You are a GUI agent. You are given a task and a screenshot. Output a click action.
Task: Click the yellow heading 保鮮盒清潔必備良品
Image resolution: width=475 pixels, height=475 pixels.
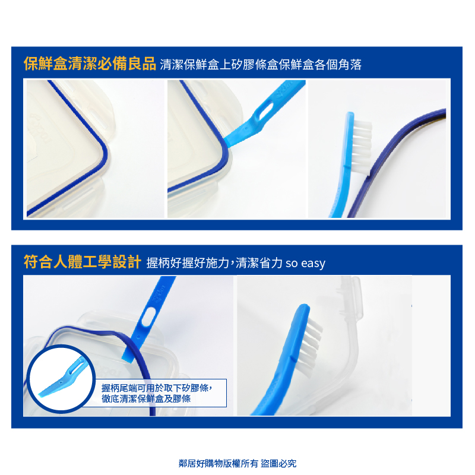[x=90, y=64]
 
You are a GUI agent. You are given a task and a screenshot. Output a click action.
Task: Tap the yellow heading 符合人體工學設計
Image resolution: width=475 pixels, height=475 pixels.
[x=83, y=262]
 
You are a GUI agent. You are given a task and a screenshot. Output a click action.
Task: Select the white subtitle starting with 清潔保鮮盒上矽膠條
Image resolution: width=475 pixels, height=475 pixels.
[x=261, y=65]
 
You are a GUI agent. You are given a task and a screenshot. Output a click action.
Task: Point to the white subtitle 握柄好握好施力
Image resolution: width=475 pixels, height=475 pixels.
[x=188, y=263]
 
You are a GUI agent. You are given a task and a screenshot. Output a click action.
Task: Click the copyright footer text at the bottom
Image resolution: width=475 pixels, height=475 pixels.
[x=237, y=463]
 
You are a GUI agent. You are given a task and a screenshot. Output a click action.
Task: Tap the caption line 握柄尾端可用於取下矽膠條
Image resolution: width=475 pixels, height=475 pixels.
[x=156, y=388]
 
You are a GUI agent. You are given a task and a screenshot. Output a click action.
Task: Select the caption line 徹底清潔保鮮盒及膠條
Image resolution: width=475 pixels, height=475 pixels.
[x=146, y=398]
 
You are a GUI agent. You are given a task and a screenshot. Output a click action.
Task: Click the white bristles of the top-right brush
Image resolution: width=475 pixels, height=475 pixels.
[x=362, y=146]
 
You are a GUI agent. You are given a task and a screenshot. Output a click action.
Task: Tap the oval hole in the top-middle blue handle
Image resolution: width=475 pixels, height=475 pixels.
[x=264, y=110]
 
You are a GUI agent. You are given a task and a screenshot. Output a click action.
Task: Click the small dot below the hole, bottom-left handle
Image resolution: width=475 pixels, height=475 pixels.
[x=138, y=337]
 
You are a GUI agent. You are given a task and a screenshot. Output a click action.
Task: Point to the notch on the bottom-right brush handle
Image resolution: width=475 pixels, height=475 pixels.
[x=293, y=358]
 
